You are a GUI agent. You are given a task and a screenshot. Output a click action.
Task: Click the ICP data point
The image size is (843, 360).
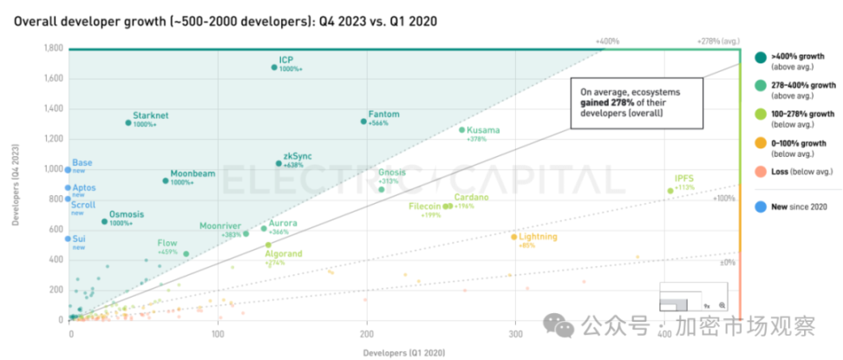click(x=274, y=67)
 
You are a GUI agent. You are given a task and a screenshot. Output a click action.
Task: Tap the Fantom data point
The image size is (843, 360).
click(x=363, y=121)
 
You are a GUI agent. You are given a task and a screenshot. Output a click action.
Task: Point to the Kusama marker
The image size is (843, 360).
click(x=462, y=130)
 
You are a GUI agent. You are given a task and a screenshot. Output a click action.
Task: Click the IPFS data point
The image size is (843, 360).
click(x=670, y=191)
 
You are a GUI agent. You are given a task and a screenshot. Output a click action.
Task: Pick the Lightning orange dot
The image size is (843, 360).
click(x=514, y=237)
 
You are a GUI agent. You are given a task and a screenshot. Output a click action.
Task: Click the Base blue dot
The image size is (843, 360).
click(x=69, y=170)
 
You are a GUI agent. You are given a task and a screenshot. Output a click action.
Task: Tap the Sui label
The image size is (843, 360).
click(x=79, y=238)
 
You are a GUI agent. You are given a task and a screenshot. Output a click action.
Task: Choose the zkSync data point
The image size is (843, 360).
click(x=278, y=163)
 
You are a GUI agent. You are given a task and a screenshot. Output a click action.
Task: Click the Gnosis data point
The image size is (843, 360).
click(x=382, y=189)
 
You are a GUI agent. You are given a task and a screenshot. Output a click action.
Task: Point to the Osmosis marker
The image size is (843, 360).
click(x=105, y=221)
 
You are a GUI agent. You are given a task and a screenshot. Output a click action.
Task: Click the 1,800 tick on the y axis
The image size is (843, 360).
click(x=53, y=49)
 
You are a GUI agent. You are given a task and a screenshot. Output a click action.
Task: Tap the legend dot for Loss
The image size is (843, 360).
click(x=761, y=171)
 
